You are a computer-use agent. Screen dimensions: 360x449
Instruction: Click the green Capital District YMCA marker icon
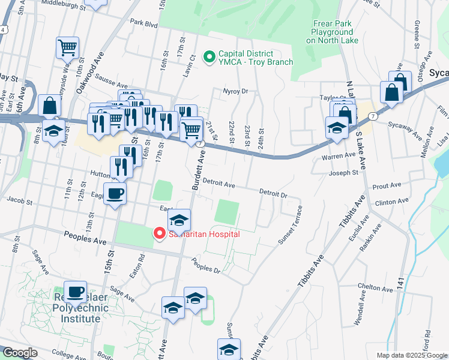pyautogui.click(x=209, y=58)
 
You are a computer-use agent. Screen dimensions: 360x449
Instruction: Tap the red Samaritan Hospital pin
pyautogui.click(x=160, y=233)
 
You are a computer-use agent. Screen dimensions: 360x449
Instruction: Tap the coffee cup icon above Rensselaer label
pyautogui.click(x=75, y=292)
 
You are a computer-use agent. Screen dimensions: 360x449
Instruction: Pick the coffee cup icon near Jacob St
pyautogui.click(x=115, y=193)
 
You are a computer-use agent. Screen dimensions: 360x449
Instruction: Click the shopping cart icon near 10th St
pyautogui.click(x=67, y=47)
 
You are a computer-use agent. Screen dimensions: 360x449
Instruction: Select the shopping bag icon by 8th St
pyautogui.click(x=49, y=105)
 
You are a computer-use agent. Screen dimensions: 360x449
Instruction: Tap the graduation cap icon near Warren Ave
pyautogui.click(x=336, y=127)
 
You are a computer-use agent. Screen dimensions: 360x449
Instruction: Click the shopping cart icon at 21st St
pyautogui.click(x=191, y=129)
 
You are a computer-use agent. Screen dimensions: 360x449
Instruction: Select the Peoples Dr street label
pyautogui.click(x=206, y=266)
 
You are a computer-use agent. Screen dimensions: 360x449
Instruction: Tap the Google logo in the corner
pyautogui.click(x=20, y=353)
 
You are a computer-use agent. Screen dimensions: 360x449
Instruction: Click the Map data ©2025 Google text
pyautogui.click(x=411, y=355)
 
